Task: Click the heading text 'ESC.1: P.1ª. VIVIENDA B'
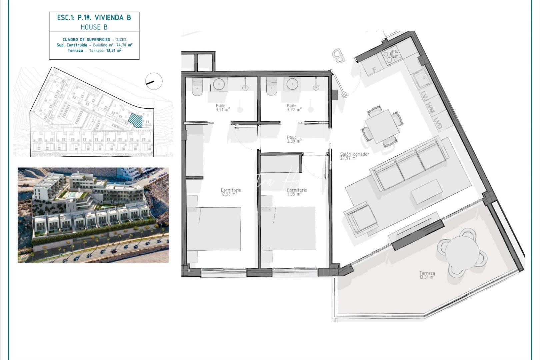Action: click(x=94, y=18)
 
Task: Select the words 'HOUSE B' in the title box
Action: click(x=94, y=27)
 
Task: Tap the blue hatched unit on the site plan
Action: click(x=136, y=120)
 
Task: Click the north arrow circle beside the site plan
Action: click(x=154, y=81)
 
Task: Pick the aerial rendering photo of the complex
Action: click(x=93, y=215)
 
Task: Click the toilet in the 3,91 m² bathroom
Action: click(x=197, y=87)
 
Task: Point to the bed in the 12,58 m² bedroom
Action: click(x=214, y=228)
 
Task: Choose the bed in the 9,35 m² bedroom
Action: click(x=288, y=228)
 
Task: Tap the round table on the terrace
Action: click(x=462, y=250)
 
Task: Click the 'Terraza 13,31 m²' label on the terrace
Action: click(x=427, y=275)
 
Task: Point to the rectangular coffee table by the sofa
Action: click(x=427, y=191)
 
